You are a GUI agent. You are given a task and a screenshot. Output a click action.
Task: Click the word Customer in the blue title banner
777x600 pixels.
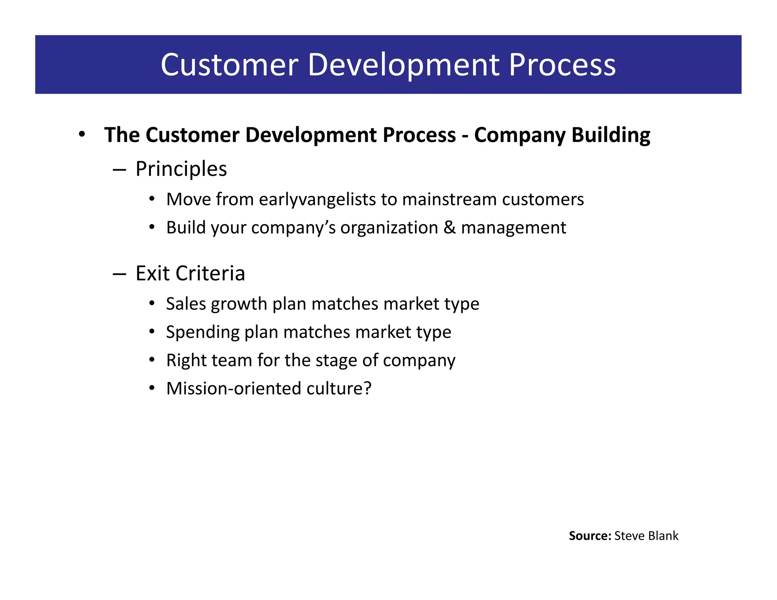227,65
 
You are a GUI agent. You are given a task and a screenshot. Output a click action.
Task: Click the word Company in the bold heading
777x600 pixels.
519,135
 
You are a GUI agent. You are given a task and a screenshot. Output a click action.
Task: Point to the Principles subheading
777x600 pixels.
181,169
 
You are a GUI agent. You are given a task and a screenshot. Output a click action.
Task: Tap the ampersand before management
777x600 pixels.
449,228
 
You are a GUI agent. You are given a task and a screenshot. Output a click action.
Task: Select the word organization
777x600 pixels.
389,228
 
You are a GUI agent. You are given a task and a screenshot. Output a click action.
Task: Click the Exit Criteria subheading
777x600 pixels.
190,273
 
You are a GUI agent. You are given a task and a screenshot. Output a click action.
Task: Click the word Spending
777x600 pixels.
203,332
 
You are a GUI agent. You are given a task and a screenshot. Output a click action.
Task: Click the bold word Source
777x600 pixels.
590,536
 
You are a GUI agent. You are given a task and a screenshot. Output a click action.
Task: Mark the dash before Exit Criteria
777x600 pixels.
119,274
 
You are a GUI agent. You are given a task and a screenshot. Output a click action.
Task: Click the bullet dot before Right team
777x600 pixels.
152,360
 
